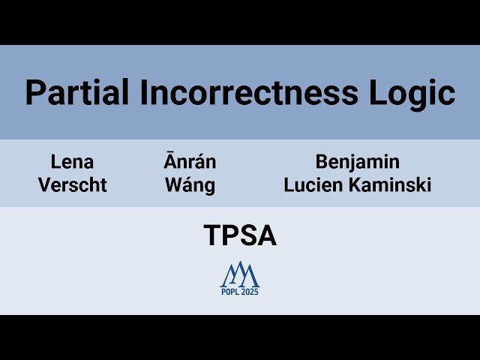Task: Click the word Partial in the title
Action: click(69, 93)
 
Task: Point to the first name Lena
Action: click(72, 161)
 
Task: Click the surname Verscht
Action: click(72, 185)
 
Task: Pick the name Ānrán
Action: click(190, 161)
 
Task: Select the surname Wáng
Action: click(190, 185)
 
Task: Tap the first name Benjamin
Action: click(357, 161)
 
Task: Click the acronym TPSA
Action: click(240, 236)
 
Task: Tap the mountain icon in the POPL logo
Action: click(239, 274)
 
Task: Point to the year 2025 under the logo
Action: click(250, 292)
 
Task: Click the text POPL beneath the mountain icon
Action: click(229, 292)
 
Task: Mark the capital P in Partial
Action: click(34, 93)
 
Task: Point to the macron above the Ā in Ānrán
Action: click(171, 152)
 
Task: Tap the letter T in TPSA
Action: click(211, 236)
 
